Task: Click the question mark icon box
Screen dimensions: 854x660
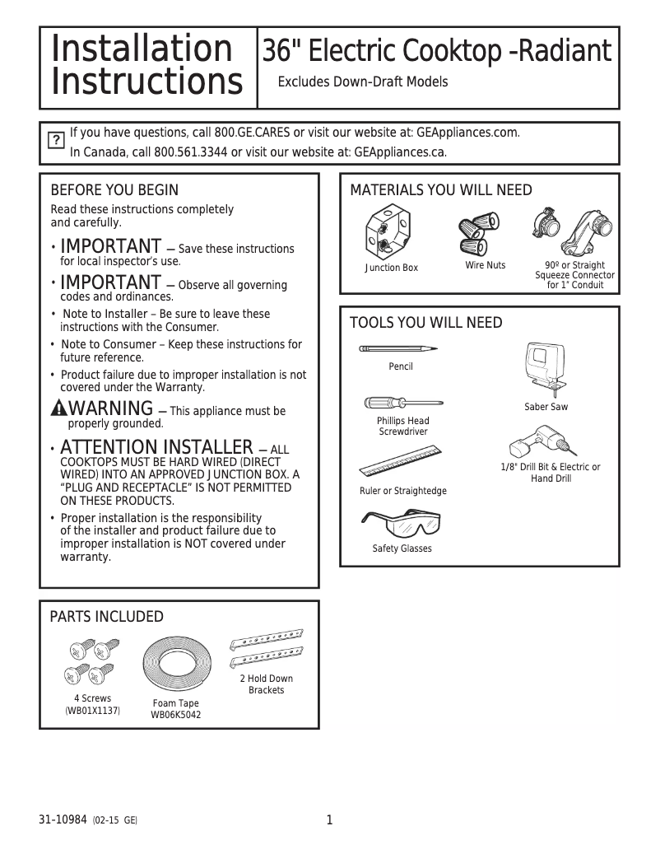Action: point(55,141)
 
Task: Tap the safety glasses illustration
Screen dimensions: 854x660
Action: point(401,524)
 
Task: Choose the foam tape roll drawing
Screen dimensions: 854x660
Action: point(176,665)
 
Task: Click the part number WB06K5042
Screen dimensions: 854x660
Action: point(175,716)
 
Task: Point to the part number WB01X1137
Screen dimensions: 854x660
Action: point(92,710)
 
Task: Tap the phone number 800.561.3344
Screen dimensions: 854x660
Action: point(190,152)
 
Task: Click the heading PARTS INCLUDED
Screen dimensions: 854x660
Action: point(107,618)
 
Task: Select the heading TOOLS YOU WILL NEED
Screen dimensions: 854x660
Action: point(425,323)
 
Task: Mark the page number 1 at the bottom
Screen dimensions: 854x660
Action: point(329,820)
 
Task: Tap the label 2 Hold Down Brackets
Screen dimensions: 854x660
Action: point(266,684)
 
